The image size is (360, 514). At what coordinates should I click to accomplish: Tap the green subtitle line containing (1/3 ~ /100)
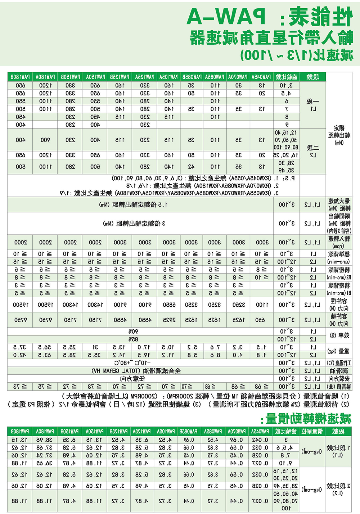point(297,55)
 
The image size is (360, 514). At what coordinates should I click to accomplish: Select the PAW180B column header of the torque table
point(20,77)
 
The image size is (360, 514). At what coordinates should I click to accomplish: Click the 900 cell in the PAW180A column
point(45,140)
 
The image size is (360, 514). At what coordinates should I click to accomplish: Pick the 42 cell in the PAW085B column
point(192,167)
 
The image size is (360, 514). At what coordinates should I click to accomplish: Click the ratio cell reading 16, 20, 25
point(286,155)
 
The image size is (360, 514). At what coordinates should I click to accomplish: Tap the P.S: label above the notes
point(288,179)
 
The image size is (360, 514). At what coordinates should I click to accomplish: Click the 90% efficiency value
point(133,331)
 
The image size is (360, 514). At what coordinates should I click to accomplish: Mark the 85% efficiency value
point(133,339)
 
